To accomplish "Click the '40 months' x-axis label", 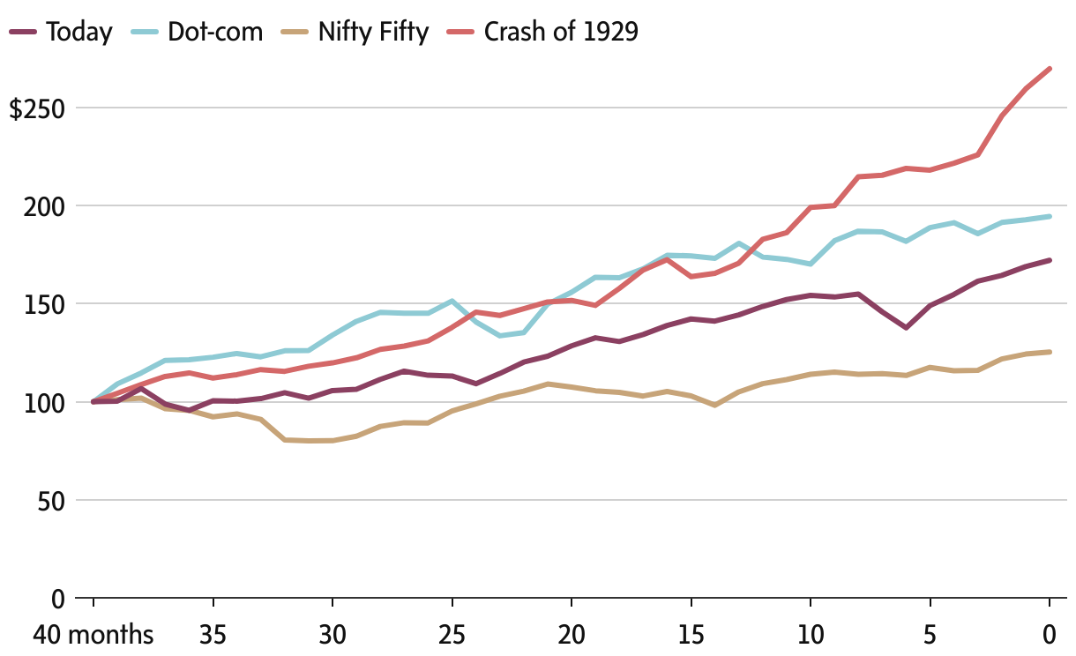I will click(x=93, y=635).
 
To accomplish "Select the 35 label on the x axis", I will click(x=213, y=635).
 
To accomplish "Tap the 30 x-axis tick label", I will click(x=333, y=635).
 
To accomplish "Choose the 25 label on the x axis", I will click(x=452, y=635).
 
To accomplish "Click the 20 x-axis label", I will click(x=572, y=635).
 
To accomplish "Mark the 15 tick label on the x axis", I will click(x=691, y=635).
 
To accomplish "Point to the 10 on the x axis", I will click(x=811, y=635).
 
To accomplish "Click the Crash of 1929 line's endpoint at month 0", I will click(x=1050, y=68).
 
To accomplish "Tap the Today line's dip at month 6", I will click(x=906, y=327).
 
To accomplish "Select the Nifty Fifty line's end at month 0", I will click(x=1050, y=352).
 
